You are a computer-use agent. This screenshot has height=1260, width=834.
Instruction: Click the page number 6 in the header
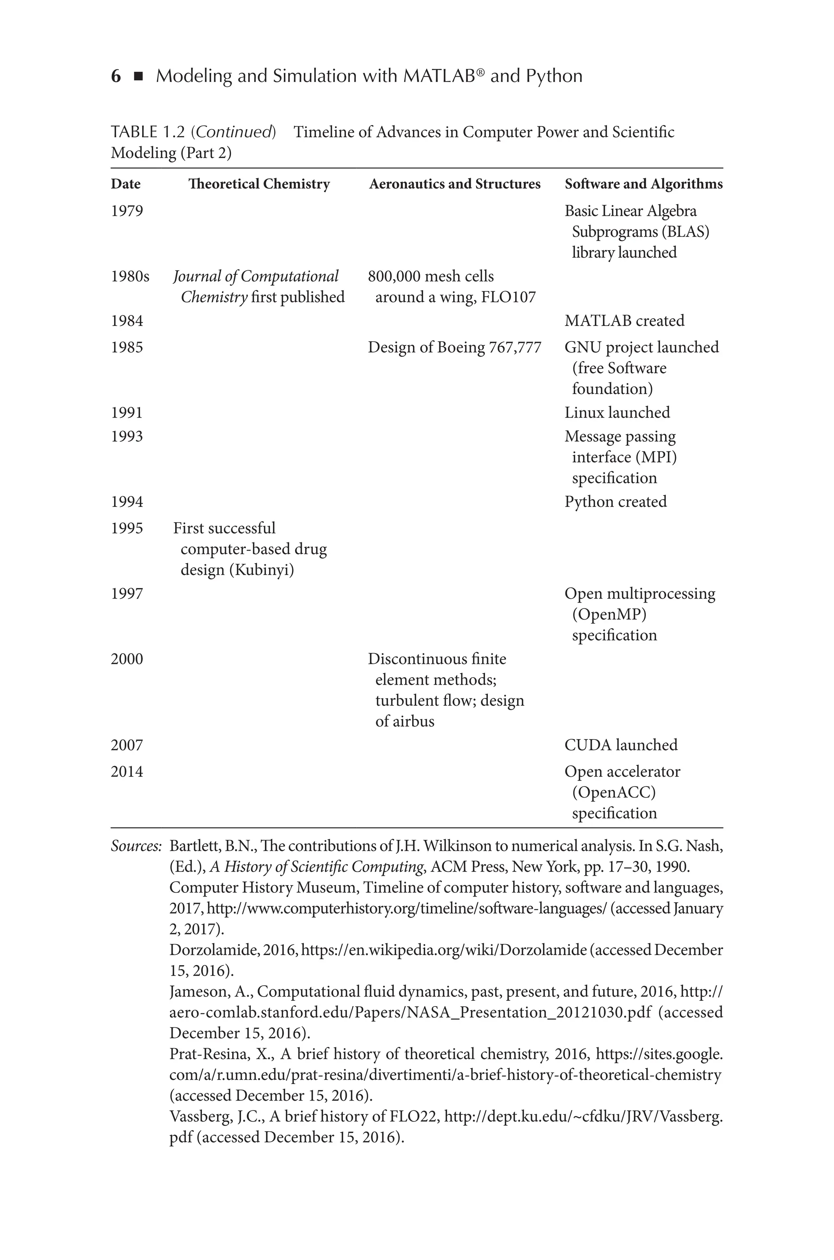[x=115, y=77]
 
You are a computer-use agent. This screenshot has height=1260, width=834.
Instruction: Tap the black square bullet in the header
[x=138, y=77]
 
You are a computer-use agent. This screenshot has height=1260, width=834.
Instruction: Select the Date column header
[x=125, y=184]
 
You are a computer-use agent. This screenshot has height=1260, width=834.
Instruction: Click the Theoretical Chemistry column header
[x=259, y=184]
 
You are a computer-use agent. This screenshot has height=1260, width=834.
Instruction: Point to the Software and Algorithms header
[x=643, y=184]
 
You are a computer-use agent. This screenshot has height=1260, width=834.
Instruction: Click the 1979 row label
[x=127, y=211]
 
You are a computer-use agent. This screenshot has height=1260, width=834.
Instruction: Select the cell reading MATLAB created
[x=624, y=321]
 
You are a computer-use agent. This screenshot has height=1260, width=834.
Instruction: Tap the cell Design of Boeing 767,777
[x=454, y=348]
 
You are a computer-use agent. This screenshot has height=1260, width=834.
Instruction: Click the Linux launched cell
[x=617, y=412]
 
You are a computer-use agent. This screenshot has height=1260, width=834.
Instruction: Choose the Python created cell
[x=615, y=502]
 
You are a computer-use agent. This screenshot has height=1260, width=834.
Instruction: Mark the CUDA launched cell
[x=621, y=745]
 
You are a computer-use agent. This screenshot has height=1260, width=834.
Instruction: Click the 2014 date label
[x=127, y=771]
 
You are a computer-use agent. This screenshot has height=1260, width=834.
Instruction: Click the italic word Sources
[x=136, y=846]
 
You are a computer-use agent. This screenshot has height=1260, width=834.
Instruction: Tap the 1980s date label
[x=130, y=277]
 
